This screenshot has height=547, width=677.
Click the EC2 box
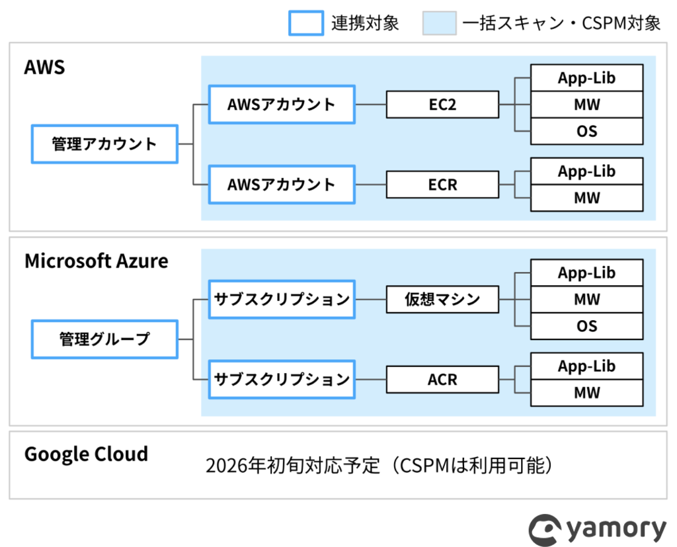pyautogui.click(x=442, y=105)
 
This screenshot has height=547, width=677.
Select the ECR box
pyautogui.click(x=442, y=185)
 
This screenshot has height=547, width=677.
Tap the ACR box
pyautogui.click(x=442, y=380)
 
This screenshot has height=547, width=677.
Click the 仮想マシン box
pyautogui.click(x=442, y=300)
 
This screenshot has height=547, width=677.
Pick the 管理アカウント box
pyautogui.click(x=105, y=144)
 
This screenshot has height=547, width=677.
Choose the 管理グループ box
pyautogui.click(x=105, y=339)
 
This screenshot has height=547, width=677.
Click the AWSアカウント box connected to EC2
pyautogui.click(x=282, y=105)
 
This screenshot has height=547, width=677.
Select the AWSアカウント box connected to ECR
pyautogui.click(x=282, y=185)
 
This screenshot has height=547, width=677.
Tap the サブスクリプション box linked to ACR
pyautogui.click(x=282, y=380)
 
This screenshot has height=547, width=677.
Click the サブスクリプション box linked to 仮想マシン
pyautogui.click(x=282, y=300)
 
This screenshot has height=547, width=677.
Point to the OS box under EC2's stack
pyautogui.click(x=587, y=132)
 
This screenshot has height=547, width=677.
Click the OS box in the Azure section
pyautogui.click(x=587, y=326)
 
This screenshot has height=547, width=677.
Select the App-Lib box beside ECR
pyautogui.click(x=587, y=171)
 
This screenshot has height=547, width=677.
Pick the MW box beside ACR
pyautogui.click(x=587, y=393)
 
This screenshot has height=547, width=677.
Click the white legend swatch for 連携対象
pyautogui.click(x=306, y=23)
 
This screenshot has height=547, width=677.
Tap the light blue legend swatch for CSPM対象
pyautogui.click(x=440, y=23)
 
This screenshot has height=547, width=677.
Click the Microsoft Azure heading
pyautogui.click(x=97, y=261)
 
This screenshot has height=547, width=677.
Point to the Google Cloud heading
pyautogui.click(x=87, y=455)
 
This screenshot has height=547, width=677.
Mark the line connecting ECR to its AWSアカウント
pyautogui.click(x=371, y=185)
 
